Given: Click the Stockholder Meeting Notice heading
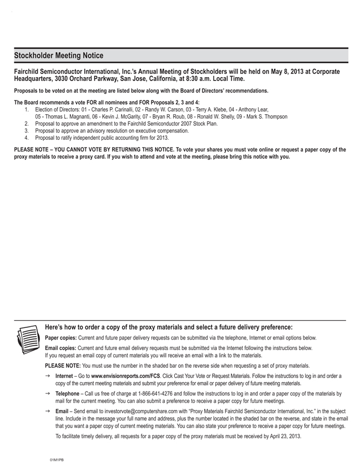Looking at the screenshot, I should [x=58, y=55].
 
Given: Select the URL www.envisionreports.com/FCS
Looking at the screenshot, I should [x=125, y=376].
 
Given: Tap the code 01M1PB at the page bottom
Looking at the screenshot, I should [x=57, y=460].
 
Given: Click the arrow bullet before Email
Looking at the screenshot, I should [x=49, y=411].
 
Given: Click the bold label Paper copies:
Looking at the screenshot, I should [x=61, y=337].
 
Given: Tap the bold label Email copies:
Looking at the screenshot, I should [x=61, y=348].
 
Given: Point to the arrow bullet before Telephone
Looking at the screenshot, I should [x=49, y=393].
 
